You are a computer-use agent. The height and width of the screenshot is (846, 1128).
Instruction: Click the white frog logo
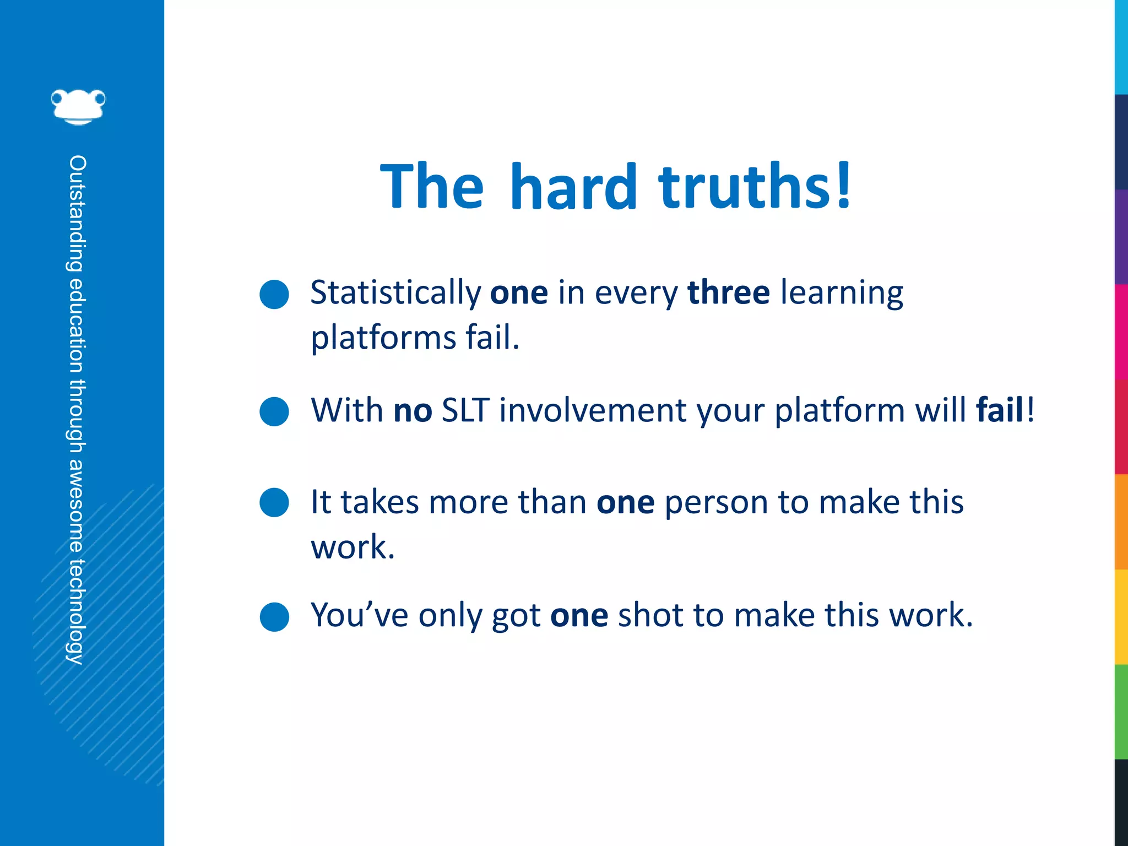pyautogui.click(x=78, y=106)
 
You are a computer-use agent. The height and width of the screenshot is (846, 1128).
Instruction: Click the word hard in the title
pyautogui.click(x=573, y=187)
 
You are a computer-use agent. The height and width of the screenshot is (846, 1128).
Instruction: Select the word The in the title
pyautogui.click(x=432, y=187)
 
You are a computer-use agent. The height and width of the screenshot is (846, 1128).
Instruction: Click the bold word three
pyautogui.click(x=729, y=292)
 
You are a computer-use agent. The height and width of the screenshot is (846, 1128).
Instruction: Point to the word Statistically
pyautogui.click(x=395, y=294)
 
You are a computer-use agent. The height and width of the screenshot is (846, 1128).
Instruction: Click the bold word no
pyautogui.click(x=413, y=411)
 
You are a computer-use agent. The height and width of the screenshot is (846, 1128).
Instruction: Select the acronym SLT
pyautogui.click(x=465, y=410)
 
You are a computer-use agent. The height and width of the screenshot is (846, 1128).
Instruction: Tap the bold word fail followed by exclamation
pyautogui.click(x=1000, y=410)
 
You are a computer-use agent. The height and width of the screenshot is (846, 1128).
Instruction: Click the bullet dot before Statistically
pyautogui.click(x=274, y=294)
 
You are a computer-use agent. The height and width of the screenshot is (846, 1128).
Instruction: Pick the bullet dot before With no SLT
pyautogui.click(x=274, y=411)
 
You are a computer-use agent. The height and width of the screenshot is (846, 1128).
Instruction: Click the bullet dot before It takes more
pyautogui.click(x=274, y=502)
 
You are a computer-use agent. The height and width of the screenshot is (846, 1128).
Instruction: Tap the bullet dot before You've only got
pyautogui.click(x=274, y=616)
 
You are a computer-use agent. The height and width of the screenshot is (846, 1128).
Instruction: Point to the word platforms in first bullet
pyautogui.click(x=383, y=338)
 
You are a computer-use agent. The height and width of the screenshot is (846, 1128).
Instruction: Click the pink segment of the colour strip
pyautogui.click(x=1121, y=332)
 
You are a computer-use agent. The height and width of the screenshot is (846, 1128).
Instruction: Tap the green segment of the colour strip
pyautogui.click(x=1121, y=712)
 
